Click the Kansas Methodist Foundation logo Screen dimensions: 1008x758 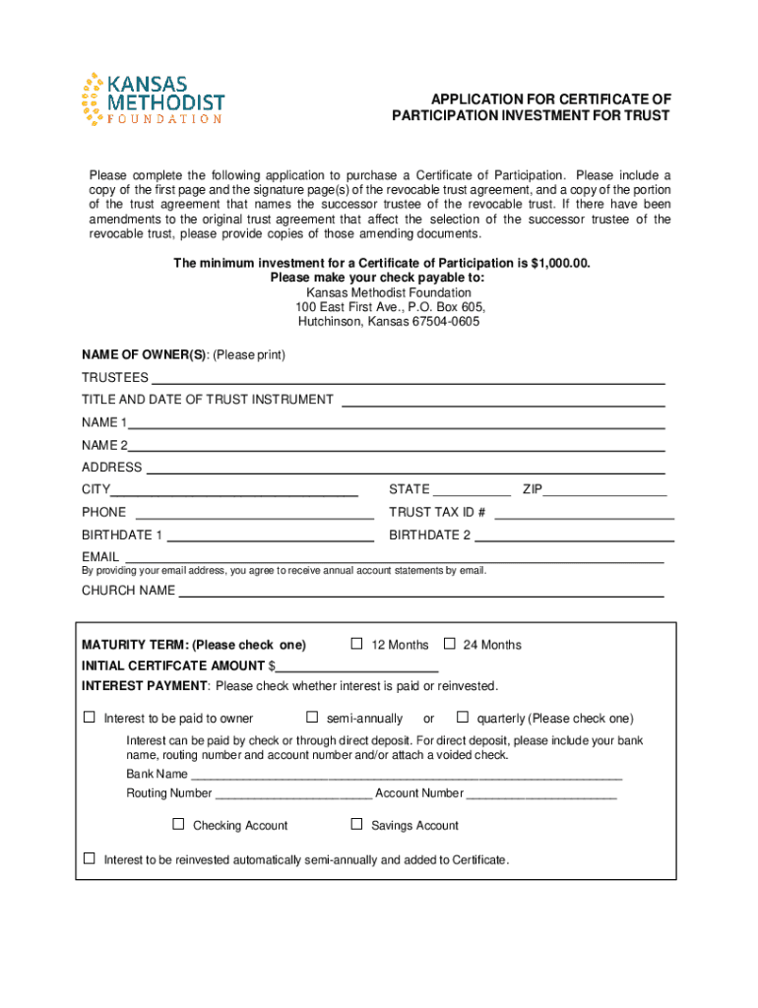pyautogui.click(x=153, y=99)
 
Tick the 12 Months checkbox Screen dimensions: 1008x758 pyautogui.click(x=357, y=644)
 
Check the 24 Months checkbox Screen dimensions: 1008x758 pyautogui.click(x=449, y=644)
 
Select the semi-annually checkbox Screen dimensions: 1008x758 pyautogui.click(x=312, y=717)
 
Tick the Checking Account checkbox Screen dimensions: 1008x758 pyautogui.click(x=178, y=824)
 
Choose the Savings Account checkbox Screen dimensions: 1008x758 pyautogui.click(x=356, y=824)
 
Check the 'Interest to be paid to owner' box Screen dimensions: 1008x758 pyautogui.click(x=90, y=717)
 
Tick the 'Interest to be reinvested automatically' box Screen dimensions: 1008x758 pyautogui.click(x=90, y=858)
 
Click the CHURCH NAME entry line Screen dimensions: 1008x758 pyautogui.click(x=420, y=593)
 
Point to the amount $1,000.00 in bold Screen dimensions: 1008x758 pyautogui.click(x=560, y=264)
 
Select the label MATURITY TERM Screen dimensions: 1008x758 pyautogui.click(x=134, y=645)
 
